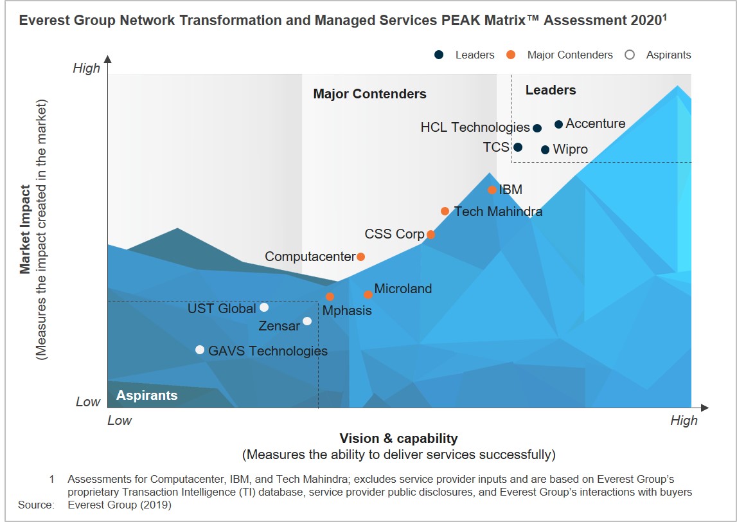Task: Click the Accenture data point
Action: click(558, 124)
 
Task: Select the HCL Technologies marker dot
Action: click(537, 128)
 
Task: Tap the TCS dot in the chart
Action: click(518, 147)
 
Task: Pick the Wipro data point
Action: click(545, 150)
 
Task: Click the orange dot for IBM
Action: click(492, 190)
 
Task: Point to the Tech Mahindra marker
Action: click(445, 211)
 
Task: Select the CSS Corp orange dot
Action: click(431, 235)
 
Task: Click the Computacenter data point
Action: click(360, 256)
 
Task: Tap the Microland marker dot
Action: click(368, 294)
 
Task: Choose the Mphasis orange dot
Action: click(330, 296)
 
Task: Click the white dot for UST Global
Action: click(264, 307)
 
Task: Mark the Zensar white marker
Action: click(307, 321)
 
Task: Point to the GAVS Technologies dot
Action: click(200, 350)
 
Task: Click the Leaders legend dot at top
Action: click(439, 55)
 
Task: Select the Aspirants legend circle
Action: click(630, 55)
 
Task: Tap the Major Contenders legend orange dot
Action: click(511, 55)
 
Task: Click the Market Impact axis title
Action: click(25, 230)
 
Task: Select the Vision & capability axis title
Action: click(398, 438)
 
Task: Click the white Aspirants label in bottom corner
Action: click(147, 395)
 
